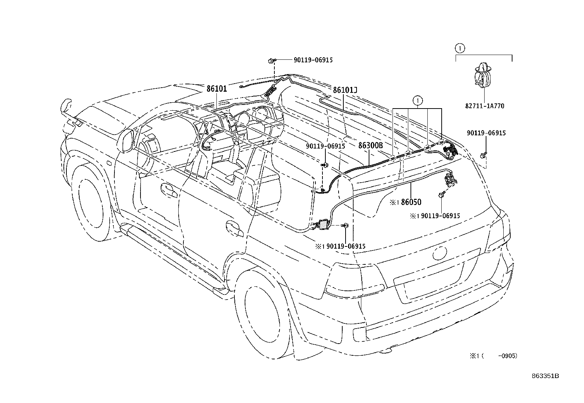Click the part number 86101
[x=216, y=89]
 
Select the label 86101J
[x=345, y=90]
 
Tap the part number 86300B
[x=371, y=145]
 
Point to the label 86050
[x=411, y=202]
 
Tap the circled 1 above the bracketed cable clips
[x=417, y=100]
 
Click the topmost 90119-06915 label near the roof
[x=313, y=60]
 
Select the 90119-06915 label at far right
[x=486, y=133]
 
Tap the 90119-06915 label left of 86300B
[x=326, y=146]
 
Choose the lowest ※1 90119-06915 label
[x=340, y=246]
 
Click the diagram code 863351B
[x=545, y=376]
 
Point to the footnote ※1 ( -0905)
[x=493, y=355]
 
